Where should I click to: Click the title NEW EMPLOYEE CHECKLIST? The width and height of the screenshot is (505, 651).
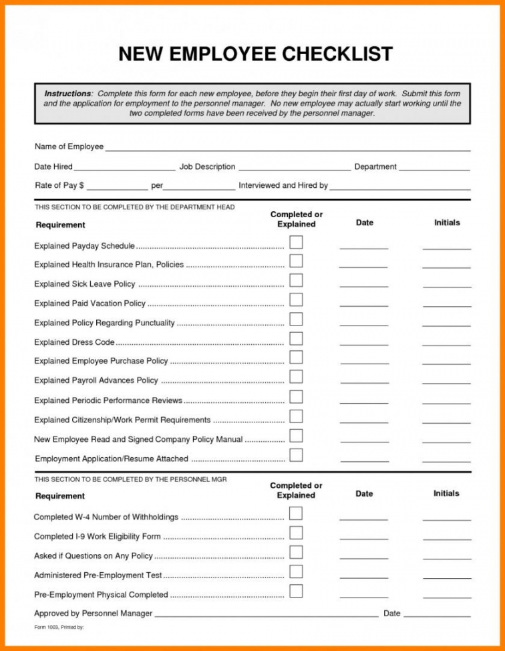click(x=256, y=54)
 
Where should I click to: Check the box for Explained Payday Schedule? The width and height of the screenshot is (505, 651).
click(x=296, y=241)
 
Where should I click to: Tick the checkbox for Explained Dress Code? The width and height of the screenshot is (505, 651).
click(x=296, y=338)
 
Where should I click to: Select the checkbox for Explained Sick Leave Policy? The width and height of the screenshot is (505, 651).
click(x=296, y=280)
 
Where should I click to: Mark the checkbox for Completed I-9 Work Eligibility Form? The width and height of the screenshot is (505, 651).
click(x=296, y=533)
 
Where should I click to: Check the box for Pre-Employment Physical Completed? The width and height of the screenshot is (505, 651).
click(x=296, y=591)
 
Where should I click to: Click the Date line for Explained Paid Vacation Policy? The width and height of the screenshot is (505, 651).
click(x=364, y=306)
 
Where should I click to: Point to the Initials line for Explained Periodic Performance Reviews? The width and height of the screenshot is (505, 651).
click(x=446, y=403)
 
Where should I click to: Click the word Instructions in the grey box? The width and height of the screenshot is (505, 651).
click(x=67, y=94)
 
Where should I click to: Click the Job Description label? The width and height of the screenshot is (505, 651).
click(x=207, y=166)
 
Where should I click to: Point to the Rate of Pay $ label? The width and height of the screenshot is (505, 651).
click(x=59, y=186)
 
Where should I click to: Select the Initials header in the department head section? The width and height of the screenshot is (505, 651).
click(x=447, y=223)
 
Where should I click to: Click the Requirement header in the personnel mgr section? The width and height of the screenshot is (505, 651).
click(x=60, y=496)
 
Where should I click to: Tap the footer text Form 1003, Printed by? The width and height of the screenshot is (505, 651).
click(x=59, y=628)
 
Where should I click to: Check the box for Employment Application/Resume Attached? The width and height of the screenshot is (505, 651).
click(x=296, y=455)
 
